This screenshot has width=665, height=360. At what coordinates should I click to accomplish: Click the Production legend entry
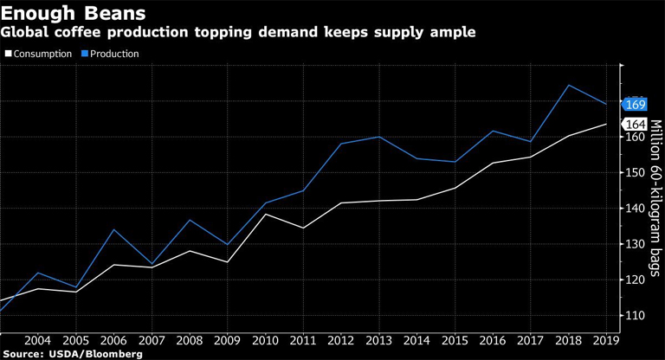(x=111, y=54)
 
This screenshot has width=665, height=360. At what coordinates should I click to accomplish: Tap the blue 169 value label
(x=635, y=104)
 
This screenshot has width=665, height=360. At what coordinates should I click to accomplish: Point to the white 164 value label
(x=635, y=124)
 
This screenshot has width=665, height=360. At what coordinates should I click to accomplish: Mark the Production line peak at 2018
(x=568, y=85)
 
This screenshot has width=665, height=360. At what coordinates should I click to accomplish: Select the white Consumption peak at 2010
(x=264, y=214)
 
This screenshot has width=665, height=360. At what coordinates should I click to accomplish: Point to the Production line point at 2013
(x=379, y=137)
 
